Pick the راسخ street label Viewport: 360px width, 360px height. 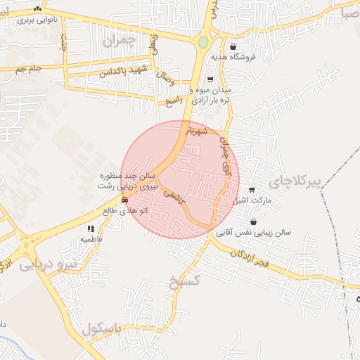coord(174,101)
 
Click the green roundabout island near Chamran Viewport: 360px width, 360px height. coord(203,42)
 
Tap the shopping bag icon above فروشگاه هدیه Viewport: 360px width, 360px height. coord(233,46)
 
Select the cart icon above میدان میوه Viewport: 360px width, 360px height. coord(210,79)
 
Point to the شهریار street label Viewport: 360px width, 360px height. coord(197,131)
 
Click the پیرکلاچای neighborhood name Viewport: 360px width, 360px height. coord(319,181)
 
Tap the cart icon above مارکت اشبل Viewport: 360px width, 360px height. coord(252,190)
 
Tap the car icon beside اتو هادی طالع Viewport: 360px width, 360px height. coord(124,200)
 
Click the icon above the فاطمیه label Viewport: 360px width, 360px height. coord(91,229)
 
